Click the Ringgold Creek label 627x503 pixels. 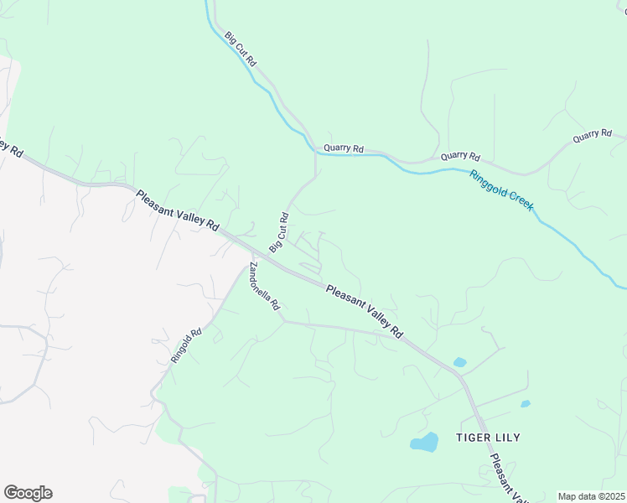point(502,191)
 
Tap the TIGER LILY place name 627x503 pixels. point(489,437)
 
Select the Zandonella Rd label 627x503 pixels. point(263,287)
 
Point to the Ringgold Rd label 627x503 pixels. point(186,345)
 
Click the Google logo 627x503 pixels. point(28,493)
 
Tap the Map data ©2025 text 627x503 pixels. point(591,496)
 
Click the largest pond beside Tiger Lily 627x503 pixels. point(425,442)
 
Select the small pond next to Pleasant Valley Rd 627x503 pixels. point(459,363)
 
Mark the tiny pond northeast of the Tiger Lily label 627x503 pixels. point(525,404)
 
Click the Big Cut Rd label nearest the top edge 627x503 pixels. point(241,49)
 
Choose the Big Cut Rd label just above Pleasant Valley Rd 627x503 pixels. point(279,232)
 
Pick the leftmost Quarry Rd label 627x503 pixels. point(344,148)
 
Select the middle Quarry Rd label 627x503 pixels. point(460,157)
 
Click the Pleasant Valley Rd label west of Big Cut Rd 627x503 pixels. point(177,210)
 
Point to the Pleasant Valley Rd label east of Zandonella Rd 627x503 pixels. point(365,311)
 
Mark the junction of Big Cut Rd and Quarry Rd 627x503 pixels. point(316,151)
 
